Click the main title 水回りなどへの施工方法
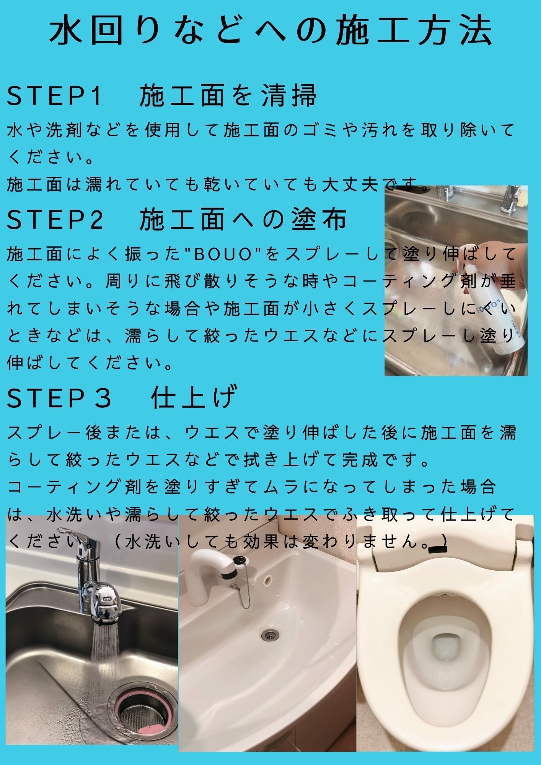pos(271,31)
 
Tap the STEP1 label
pos(55,95)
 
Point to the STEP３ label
pos(59,398)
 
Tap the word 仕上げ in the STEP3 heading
pos(194,397)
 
